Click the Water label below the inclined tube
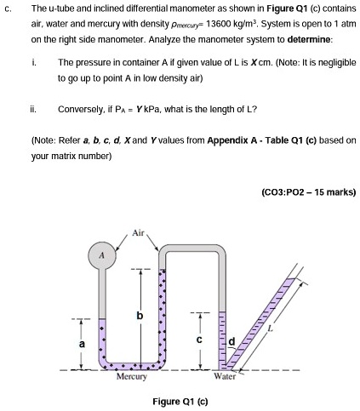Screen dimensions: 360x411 coord(225,375)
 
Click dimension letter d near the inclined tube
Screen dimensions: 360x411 coord(231,342)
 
